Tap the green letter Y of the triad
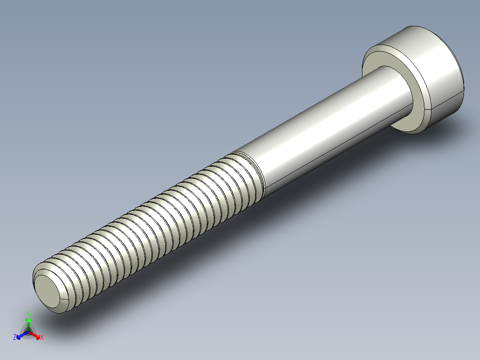coord(28,313)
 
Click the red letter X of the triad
coord(42,338)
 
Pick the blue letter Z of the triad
coord(15,338)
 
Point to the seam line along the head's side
coord(445,105)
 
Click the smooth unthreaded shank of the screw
coord(321,134)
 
